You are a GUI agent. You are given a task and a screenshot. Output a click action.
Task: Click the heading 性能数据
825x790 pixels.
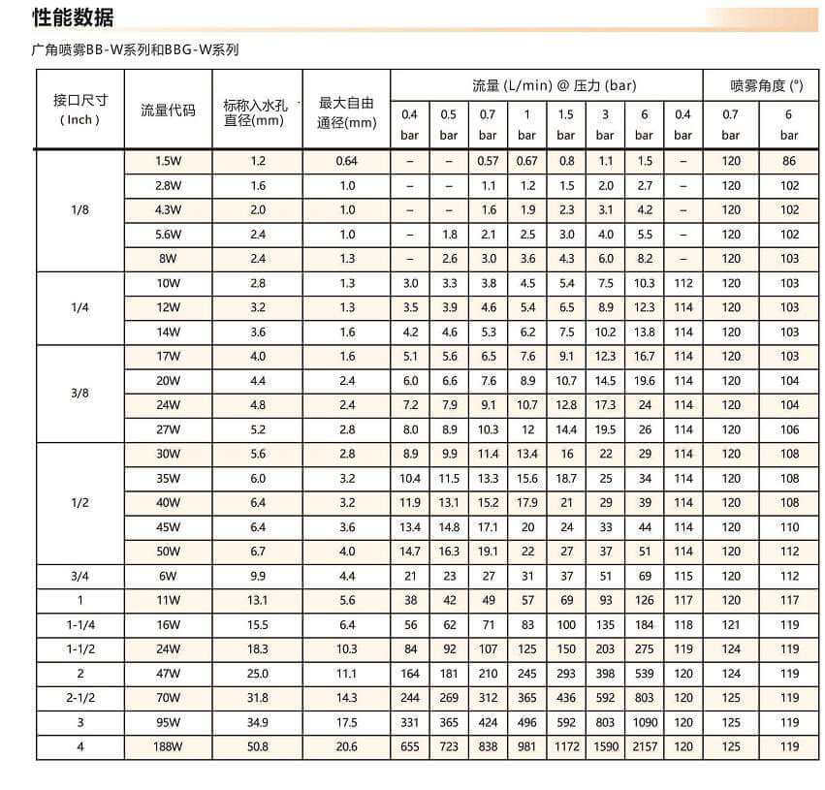point(73,16)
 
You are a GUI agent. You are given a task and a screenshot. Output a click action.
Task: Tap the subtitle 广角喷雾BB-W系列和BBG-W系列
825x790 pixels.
point(135,49)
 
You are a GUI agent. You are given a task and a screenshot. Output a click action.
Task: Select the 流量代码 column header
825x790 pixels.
point(168,110)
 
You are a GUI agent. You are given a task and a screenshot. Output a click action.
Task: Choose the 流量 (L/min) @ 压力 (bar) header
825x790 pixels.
point(546,85)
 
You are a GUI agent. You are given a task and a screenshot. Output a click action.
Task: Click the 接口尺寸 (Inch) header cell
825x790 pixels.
point(79,110)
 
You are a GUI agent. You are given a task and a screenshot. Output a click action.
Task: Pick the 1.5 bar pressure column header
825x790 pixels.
point(566,124)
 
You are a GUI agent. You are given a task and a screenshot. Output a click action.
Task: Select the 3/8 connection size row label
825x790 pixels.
point(79,393)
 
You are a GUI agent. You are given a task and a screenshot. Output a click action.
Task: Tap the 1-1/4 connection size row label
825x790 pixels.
point(79,625)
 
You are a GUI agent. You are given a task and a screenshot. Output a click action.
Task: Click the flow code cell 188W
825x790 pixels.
point(168,746)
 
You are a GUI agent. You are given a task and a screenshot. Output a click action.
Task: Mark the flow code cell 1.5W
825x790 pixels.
point(168,161)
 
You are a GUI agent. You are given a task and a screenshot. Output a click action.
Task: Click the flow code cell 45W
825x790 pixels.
point(168,527)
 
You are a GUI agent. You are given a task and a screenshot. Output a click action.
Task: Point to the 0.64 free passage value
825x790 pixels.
point(346,161)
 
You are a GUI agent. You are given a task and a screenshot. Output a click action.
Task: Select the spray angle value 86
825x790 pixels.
point(790,161)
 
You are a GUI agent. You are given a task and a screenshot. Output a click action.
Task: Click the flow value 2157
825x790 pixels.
point(644,746)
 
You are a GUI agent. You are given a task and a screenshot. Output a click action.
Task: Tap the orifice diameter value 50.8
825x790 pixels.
point(258,746)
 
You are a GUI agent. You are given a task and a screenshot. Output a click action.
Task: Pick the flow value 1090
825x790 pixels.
point(644,722)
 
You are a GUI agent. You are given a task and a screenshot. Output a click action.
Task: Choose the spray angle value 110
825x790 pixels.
point(790,527)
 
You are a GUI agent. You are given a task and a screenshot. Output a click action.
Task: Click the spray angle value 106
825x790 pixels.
point(790,429)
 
